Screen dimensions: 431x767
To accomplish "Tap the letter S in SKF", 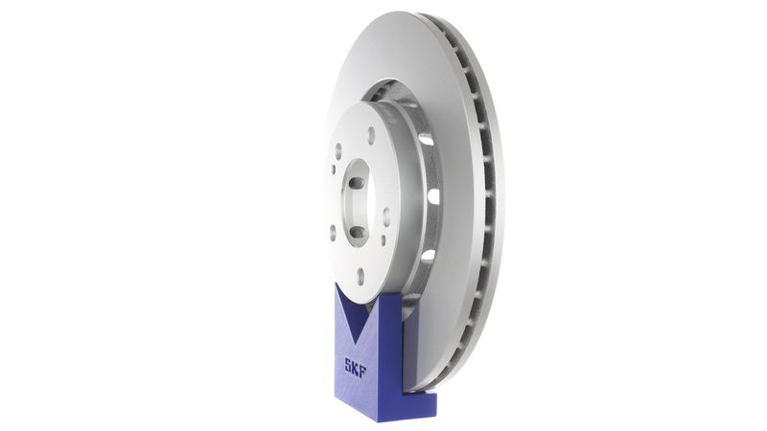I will click(x=348, y=364).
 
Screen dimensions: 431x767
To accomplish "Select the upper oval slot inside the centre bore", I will click(x=356, y=183).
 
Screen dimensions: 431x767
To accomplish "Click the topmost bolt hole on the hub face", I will click(x=370, y=135).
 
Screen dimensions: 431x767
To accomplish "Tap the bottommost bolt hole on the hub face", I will click(x=360, y=277).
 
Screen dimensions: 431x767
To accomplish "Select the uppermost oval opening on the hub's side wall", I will click(x=426, y=140).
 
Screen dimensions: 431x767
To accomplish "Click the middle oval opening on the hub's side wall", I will click(x=433, y=196).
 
